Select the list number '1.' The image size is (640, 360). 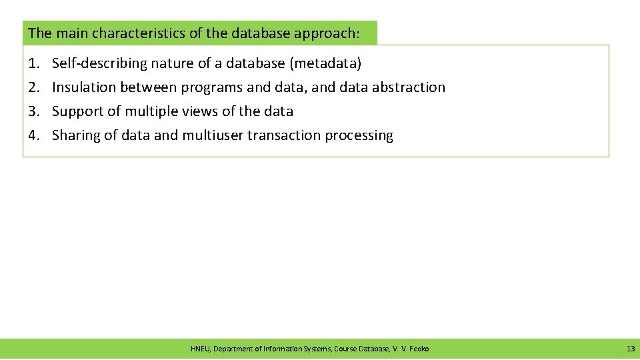tap(33, 63)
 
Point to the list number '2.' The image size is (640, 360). tap(33, 87)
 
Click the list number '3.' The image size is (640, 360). tap(33, 111)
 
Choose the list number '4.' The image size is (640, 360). tap(33, 135)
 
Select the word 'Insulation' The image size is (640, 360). tap(84, 87)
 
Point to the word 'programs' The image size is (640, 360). tap(212, 87)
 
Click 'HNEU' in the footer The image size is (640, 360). tap(199, 349)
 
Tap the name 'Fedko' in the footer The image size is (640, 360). tap(419, 349)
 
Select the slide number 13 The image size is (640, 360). tap(630, 349)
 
